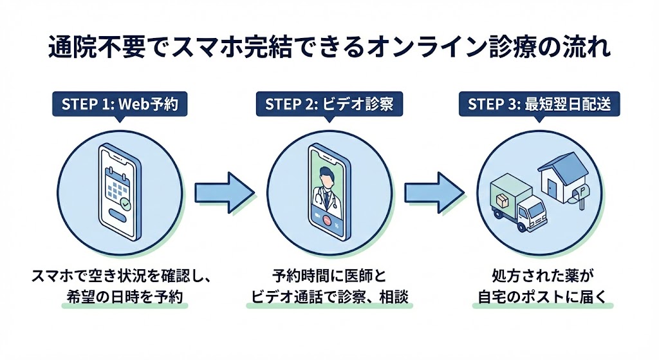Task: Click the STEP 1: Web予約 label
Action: tap(122, 104)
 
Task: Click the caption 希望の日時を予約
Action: tap(122, 297)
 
